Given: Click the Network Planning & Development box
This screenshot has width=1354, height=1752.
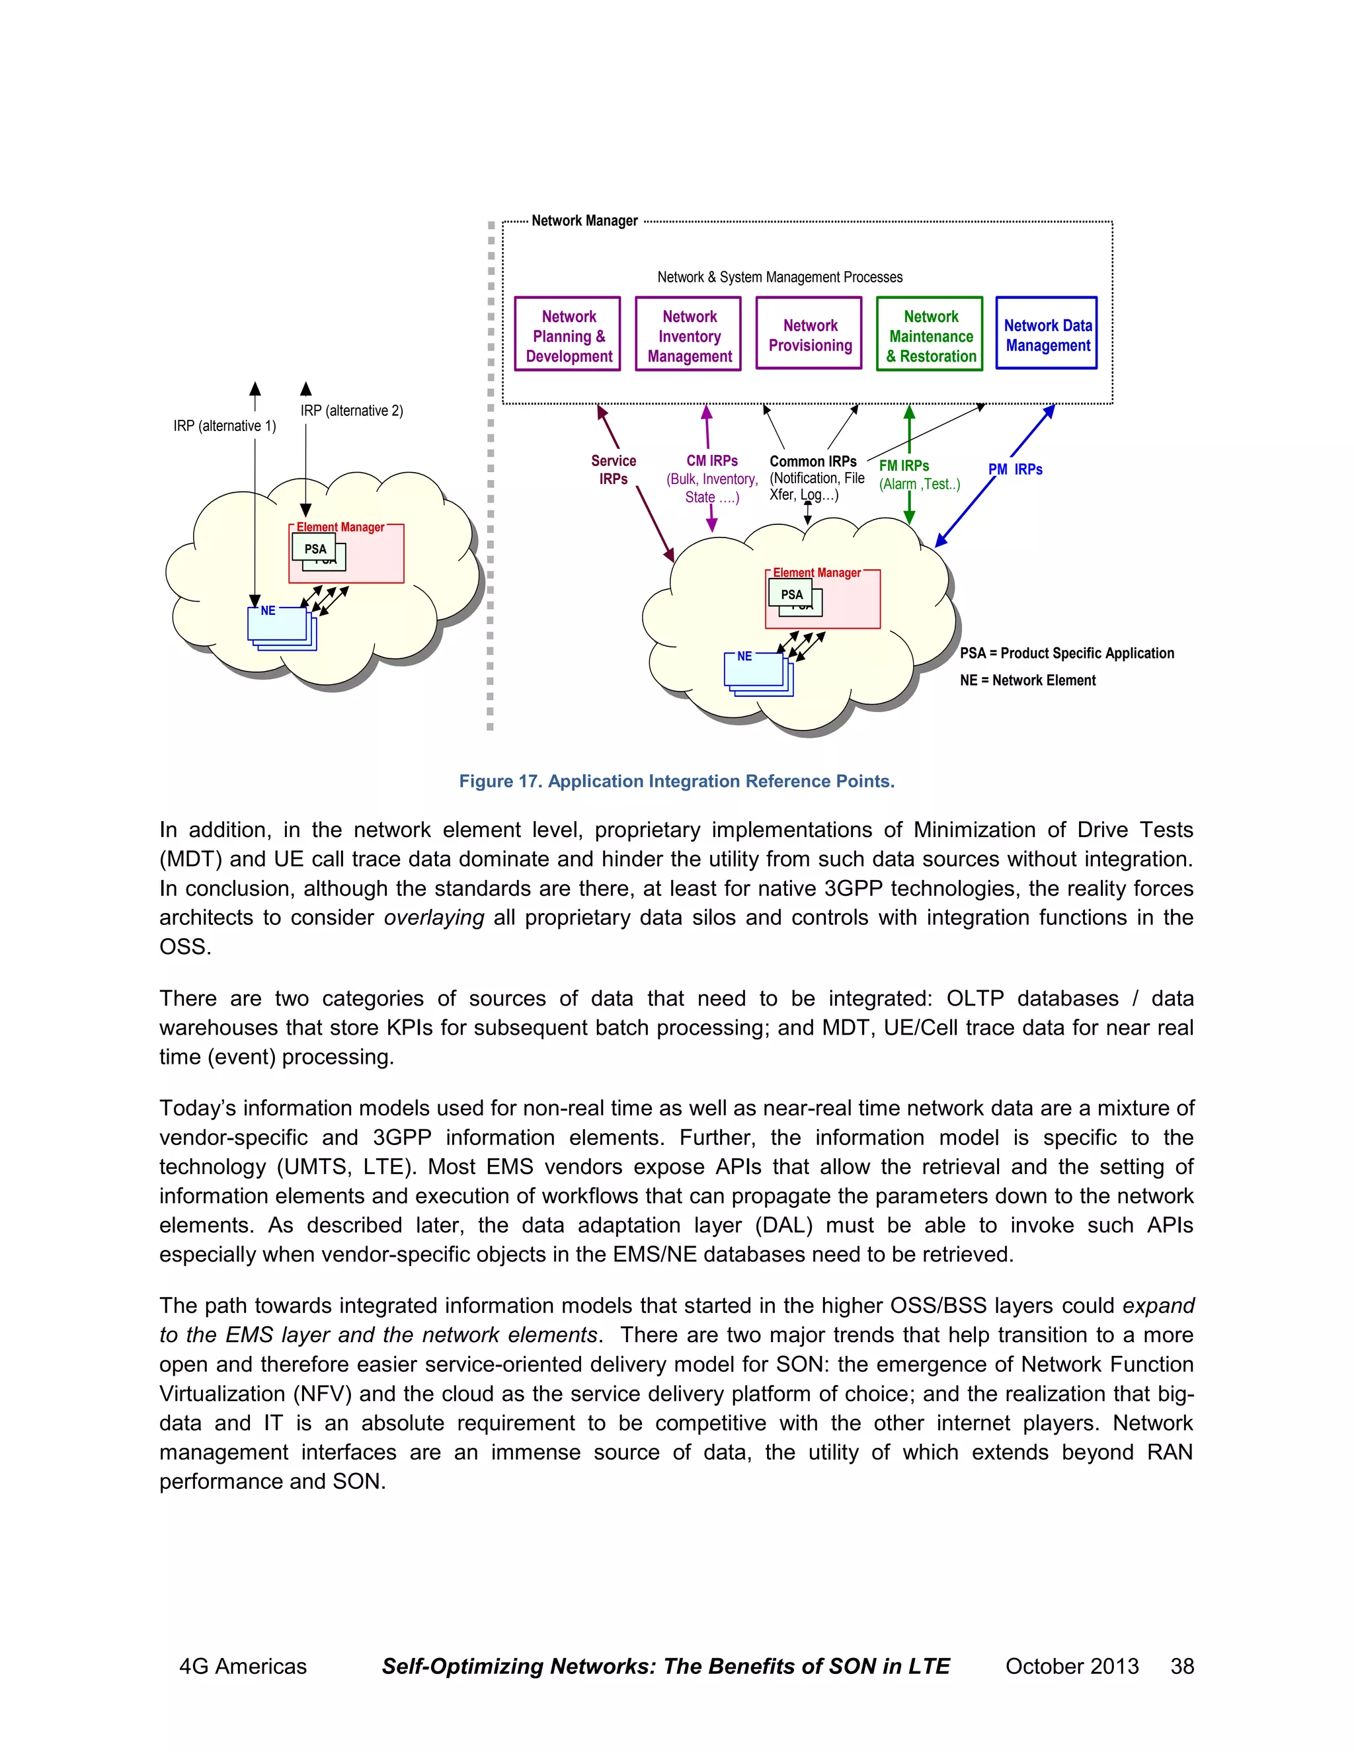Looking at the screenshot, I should pyautogui.click(x=568, y=334).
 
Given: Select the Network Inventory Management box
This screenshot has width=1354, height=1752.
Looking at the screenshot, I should pyautogui.click(x=688, y=334).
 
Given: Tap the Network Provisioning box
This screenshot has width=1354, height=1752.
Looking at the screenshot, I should pyautogui.click(x=809, y=334).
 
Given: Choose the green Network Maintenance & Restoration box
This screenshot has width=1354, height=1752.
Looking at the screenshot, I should pyautogui.click(x=930, y=334).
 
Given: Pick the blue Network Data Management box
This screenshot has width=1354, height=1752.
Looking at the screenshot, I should pyautogui.click(x=1047, y=334).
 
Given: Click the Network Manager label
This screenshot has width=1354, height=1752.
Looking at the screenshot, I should pyautogui.click(x=584, y=221).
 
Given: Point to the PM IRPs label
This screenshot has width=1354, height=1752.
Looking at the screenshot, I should pyautogui.click(x=1015, y=469).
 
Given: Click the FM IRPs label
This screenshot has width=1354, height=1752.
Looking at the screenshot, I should pyautogui.click(x=904, y=465).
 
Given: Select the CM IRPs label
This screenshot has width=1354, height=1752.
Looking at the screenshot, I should pyautogui.click(x=711, y=460).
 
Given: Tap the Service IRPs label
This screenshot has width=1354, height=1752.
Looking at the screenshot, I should pyautogui.click(x=613, y=469).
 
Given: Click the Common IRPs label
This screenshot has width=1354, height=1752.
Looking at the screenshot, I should pyautogui.click(x=813, y=461).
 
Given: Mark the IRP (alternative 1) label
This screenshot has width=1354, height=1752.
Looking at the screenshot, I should pyautogui.click(x=225, y=426).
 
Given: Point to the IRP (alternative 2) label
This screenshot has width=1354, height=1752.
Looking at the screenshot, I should pyautogui.click(x=351, y=411).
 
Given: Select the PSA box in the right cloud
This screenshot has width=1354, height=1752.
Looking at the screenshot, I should pyautogui.click(x=791, y=594).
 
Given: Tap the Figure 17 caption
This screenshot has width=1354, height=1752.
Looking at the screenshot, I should pyautogui.click(x=676, y=781).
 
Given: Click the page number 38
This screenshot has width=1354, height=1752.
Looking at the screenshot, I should pyautogui.click(x=1181, y=1666).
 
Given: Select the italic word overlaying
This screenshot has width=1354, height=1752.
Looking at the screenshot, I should pyautogui.click(x=434, y=918).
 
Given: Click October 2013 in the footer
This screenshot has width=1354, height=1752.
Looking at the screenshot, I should pyautogui.click(x=1072, y=1666).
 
